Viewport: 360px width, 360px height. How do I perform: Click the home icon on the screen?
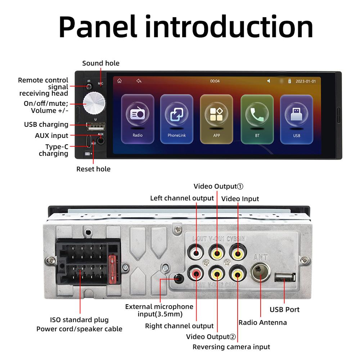click(x=120, y=81)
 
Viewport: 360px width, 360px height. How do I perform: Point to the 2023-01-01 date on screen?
click(x=306, y=81)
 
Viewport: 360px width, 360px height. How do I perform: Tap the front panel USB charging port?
click(x=95, y=126)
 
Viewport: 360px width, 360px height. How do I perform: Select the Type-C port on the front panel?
click(x=89, y=141)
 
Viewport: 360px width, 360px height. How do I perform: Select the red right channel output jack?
click(x=197, y=275)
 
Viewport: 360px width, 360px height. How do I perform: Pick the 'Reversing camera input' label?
click(x=231, y=347)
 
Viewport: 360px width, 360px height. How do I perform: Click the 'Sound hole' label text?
click(x=101, y=63)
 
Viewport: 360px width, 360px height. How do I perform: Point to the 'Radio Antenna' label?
click(x=263, y=323)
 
